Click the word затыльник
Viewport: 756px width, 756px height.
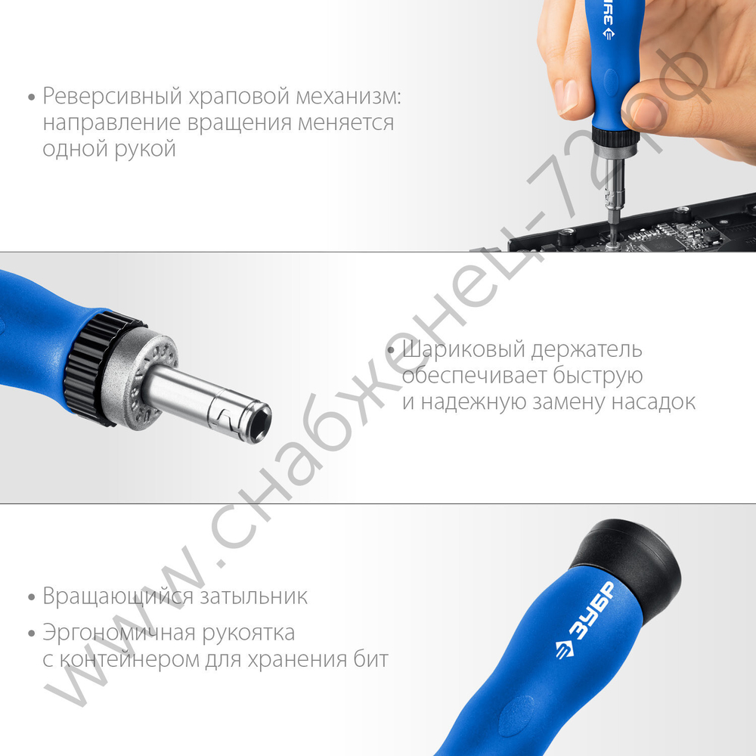coord(253,596)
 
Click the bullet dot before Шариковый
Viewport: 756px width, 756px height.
coord(391,351)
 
